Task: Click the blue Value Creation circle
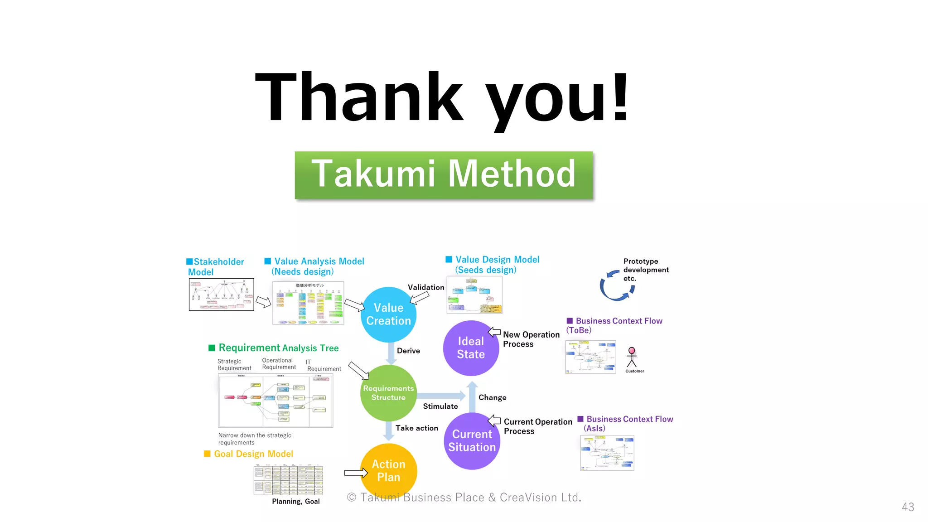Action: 388,314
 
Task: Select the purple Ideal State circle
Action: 471,348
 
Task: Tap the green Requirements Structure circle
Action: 388,393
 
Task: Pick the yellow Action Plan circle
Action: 388,471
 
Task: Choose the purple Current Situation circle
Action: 472,441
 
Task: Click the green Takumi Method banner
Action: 444,175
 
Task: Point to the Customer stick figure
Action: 632,358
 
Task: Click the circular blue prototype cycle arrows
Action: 617,286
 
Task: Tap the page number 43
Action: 908,507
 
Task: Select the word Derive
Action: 408,351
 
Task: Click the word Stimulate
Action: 440,406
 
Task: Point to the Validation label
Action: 425,287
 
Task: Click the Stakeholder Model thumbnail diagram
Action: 221,295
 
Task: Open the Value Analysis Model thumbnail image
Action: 308,303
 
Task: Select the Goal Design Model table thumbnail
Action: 288,480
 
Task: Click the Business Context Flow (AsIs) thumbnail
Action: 607,453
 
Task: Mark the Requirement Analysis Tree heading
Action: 278,348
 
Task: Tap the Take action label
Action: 416,428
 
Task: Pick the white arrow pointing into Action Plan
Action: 356,473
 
